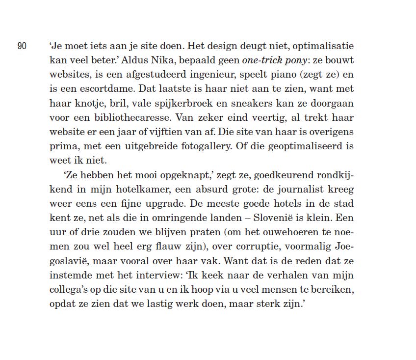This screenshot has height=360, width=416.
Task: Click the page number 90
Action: click(x=22, y=46)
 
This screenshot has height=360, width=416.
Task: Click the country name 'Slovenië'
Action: click(x=275, y=218)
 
